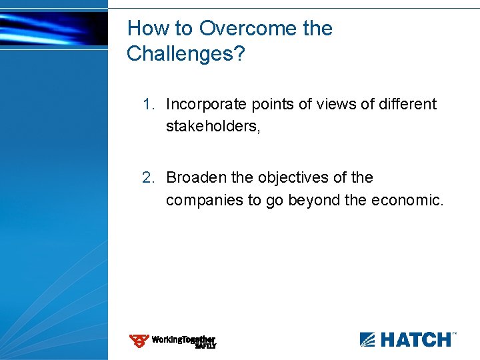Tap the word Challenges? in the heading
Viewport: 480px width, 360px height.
(186, 54)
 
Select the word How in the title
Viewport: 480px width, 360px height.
(146, 29)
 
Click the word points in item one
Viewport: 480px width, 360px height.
(265, 105)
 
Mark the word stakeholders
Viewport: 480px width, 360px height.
(212, 127)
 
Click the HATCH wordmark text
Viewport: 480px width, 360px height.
(415, 339)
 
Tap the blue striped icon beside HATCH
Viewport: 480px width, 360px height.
(368, 339)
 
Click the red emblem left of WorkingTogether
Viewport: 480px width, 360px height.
(139, 341)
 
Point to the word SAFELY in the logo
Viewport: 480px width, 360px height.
(205, 347)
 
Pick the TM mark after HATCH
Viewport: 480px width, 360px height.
(455, 333)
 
